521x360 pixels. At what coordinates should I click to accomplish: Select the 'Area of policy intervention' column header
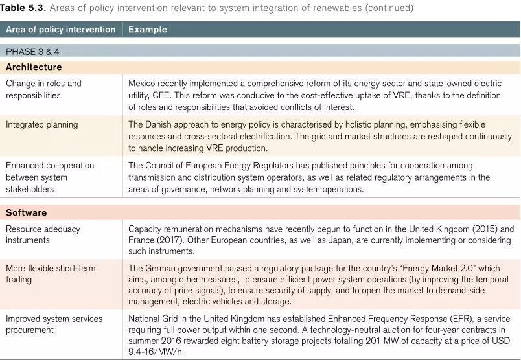tap(60, 29)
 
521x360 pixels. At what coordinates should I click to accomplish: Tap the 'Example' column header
tap(147, 29)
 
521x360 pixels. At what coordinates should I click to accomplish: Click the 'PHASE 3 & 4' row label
tap(32, 52)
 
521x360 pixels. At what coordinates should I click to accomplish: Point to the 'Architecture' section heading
tap(34, 67)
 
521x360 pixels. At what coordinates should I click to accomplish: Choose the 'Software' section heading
tap(26, 212)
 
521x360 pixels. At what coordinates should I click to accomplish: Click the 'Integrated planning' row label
tap(41, 124)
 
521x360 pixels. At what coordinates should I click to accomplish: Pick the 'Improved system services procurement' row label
tap(54, 324)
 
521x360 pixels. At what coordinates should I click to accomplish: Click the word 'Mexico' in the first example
tap(143, 83)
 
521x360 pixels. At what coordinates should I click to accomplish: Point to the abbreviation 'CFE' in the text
tap(159, 95)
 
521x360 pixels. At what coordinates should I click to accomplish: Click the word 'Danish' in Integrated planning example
tap(160, 124)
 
